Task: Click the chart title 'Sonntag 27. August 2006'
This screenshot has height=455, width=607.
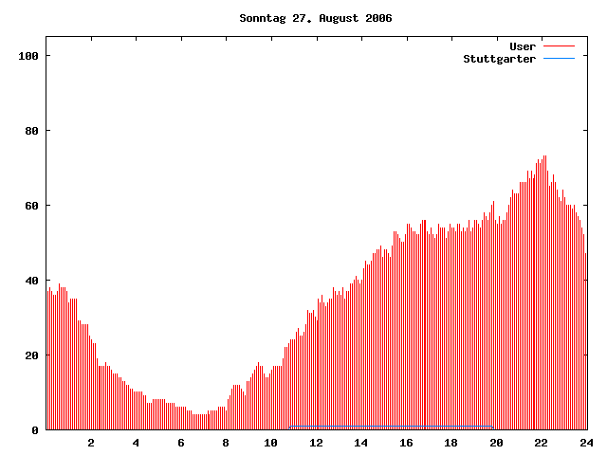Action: click(316, 18)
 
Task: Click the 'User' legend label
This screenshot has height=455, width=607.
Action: click(523, 45)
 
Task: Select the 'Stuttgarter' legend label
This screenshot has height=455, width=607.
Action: click(499, 58)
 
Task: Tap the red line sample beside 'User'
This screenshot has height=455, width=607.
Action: click(560, 45)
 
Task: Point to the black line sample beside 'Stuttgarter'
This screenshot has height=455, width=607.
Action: click(560, 58)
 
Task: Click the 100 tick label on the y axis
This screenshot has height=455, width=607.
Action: click(28, 56)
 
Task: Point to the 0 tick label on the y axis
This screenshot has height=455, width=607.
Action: click(35, 430)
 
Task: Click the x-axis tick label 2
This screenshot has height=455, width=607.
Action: click(91, 443)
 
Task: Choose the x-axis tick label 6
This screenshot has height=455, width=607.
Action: click(181, 443)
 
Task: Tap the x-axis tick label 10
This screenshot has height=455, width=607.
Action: click(271, 443)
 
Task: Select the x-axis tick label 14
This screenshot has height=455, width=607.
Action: click(361, 443)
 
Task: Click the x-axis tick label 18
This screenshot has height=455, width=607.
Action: click(451, 443)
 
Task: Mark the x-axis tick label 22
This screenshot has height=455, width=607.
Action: click(541, 443)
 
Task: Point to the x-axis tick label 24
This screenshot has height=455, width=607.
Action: click(585, 443)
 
